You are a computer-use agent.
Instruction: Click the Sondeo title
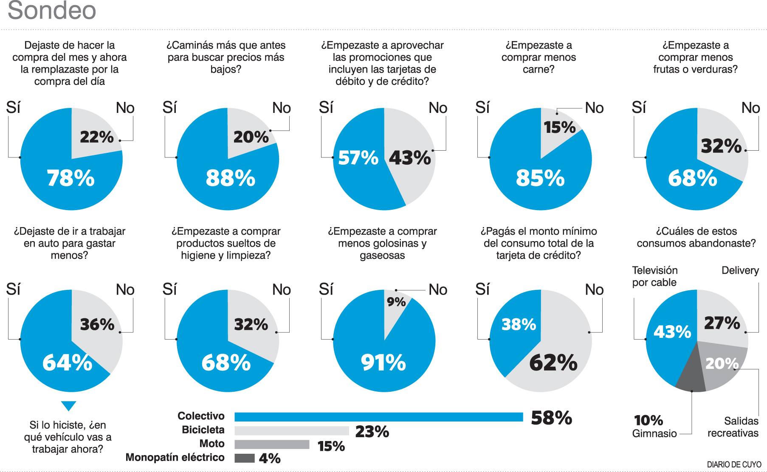(52, 10)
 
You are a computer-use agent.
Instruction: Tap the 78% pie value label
(70, 178)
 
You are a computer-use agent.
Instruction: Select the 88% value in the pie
(230, 178)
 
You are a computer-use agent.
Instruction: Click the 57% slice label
(358, 158)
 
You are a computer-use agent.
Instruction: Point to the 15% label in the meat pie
(559, 127)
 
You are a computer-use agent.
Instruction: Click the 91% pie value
(383, 363)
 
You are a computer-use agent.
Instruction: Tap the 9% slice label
(396, 302)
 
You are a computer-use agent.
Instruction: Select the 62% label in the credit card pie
(553, 363)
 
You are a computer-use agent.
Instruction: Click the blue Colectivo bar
(378, 417)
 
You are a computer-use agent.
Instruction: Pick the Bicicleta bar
(291, 431)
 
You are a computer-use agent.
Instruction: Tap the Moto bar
(272, 444)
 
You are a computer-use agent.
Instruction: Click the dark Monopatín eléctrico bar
(244, 458)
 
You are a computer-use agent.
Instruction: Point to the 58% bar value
(551, 418)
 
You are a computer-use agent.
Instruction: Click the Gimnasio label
(654, 433)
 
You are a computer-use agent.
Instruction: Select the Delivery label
(740, 270)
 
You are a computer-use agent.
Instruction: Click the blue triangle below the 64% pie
(68, 405)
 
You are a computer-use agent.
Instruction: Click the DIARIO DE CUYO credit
(734, 465)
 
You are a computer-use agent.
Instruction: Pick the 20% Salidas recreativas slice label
(722, 363)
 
